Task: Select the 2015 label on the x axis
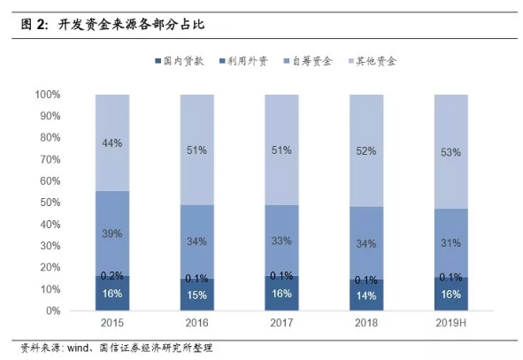(x=112, y=325)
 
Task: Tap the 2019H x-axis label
(x=451, y=325)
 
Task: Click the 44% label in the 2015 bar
(x=112, y=142)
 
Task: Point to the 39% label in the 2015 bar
(x=112, y=234)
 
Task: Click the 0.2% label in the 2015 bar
(x=112, y=275)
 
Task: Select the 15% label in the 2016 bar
(x=196, y=295)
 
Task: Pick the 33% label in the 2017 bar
(x=281, y=240)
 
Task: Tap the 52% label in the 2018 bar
(x=366, y=151)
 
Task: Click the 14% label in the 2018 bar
(x=366, y=295)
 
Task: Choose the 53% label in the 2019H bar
(x=451, y=152)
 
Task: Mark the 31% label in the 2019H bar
(x=451, y=242)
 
